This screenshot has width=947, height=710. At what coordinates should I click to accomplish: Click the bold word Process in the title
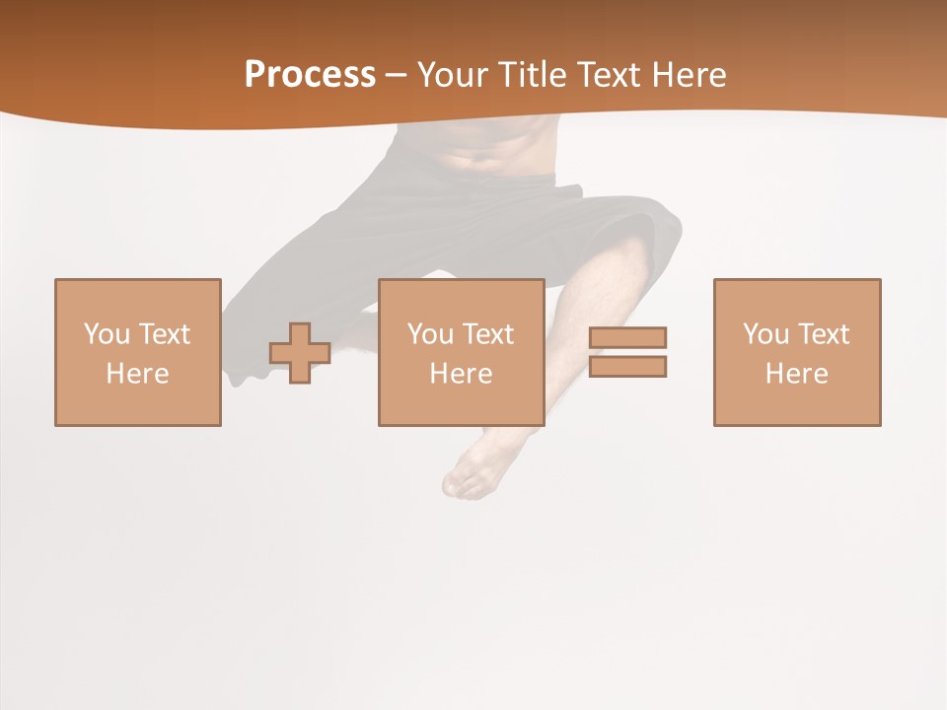pyautogui.click(x=310, y=75)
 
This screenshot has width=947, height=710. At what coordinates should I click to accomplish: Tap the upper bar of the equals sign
pyautogui.click(x=627, y=337)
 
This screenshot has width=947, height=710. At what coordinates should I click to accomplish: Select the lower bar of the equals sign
pyautogui.click(x=627, y=367)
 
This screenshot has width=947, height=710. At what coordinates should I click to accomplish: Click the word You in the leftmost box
pyautogui.click(x=107, y=334)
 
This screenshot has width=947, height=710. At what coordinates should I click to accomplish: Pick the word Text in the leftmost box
pyautogui.click(x=164, y=334)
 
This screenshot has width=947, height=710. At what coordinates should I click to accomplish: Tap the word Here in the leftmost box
pyautogui.click(x=137, y=374)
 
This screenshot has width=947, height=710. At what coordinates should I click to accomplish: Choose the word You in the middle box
pyautogui.click(x=430, y=334)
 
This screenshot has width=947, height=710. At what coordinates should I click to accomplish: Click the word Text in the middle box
pyautogui.click(x=487, y=334)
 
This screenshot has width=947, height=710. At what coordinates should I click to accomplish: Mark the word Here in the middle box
pyautogui.click(x=461, y=374)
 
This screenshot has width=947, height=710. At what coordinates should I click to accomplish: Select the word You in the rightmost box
pyautogui.click(x=765, y=334)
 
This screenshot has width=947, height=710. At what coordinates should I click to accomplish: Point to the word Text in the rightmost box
pyautogui.click(x=823, y=334)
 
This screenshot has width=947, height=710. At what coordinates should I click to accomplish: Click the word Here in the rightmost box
pyautogui.click(x=796, y=374)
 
